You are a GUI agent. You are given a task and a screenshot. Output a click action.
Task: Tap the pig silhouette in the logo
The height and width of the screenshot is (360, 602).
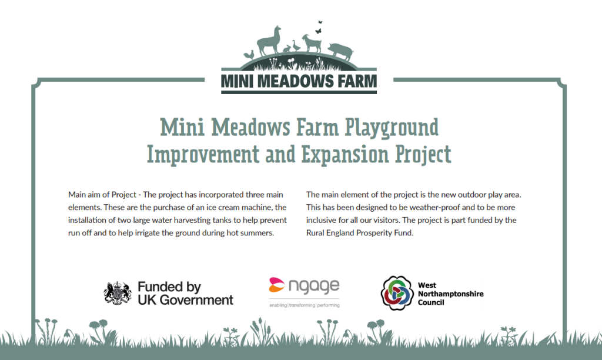[x=341, y=51]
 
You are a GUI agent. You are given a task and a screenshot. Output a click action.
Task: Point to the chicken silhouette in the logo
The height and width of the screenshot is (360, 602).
[x=249, y=55]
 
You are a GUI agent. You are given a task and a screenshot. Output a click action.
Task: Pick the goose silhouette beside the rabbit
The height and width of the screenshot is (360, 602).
[x=296, y=46]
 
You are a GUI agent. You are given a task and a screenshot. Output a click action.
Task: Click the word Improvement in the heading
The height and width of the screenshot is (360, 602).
[x=203, y=154]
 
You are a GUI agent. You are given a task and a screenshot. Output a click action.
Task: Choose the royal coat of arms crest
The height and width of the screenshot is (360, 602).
[x=117, y=293]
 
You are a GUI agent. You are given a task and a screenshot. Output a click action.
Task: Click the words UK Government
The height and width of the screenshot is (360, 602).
[x=185, y=300]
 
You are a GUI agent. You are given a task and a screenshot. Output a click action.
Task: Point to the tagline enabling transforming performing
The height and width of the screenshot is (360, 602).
[x=304, y=305]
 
